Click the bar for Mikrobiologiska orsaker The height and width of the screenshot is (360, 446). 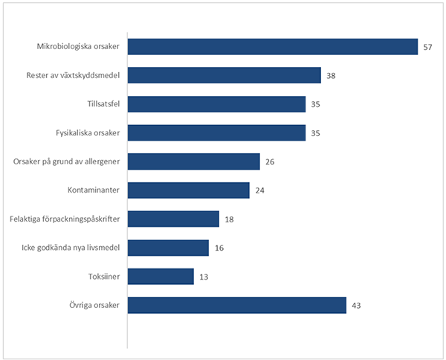pyautogui.click(x=273, y=47)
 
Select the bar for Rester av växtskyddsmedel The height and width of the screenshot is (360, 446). pyautogui.click(x=224, y=76)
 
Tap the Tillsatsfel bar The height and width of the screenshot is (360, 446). pyautogui.click(x=217, y=104)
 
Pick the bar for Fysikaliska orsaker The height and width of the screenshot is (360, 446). pyautogui.click(x=217, y=133)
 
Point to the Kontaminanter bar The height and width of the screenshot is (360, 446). pyautogui.click(x=189, y=190)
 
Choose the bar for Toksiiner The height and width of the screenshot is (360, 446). pyautogui.click(x=161, y=277)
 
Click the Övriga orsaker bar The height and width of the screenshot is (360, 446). pyautogui.click(x=237, y=305)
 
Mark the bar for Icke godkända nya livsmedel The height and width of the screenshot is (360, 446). pyautogui.click(x=169, y=248)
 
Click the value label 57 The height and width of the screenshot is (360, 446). pyautogui.click(x=427, y=48)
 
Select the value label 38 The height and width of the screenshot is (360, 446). pyautogui.click(x=331, y=76)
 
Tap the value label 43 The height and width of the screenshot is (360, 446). pyautogui.click(x=356, y=306)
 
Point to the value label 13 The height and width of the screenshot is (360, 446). pyautogui.click(x=204, y=277)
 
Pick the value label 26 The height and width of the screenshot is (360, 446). pyautogui.click(x=270, y=162)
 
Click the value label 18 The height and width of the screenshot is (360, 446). pyautogui.click(x=229, y=219)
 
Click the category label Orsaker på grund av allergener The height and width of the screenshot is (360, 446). pyautogui.click(x=68, y=162)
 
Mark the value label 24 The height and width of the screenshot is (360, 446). pyautogui.click(x=259, y=191)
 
